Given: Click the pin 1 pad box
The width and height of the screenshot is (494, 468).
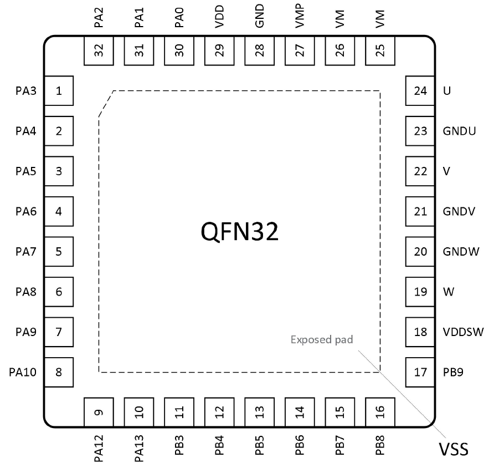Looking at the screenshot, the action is pos(59,91).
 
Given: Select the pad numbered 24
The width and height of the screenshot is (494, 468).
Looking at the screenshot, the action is pos(420,91).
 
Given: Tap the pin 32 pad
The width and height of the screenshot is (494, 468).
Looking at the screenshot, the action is pos(99,51).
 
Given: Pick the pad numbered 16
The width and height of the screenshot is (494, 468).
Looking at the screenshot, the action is pos(380,412).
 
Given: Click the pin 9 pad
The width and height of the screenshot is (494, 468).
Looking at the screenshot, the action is pos(99,412).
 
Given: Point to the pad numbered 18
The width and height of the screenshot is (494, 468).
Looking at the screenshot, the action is pos(420,332).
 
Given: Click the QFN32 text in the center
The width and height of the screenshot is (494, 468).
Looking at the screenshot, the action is pos(239,231).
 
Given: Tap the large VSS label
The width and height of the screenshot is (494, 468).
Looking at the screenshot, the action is pos(454,449).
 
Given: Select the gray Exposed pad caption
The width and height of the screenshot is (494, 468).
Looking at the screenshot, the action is pos(322,340).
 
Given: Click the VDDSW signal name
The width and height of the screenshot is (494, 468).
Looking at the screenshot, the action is pos(463,332).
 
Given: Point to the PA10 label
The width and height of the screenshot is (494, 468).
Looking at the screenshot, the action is pos(23,372).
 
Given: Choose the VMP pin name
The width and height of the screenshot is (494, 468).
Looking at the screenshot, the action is pos(300,16).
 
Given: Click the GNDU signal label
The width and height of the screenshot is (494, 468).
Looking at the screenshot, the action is pos(459,131).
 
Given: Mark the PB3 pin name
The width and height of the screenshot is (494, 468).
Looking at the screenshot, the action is pos(179,445).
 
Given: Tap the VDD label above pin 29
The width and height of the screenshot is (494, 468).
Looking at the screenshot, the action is pos(219,17).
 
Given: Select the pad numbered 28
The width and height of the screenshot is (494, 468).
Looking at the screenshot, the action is pos(259,51).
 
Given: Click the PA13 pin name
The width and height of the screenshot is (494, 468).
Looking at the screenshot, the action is pos(139,448).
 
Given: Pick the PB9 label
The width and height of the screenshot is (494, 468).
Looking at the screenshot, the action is pos(453,372).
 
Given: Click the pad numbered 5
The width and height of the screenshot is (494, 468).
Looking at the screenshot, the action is pos(59,252).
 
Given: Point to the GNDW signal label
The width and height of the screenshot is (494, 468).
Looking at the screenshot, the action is pos(461,252).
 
